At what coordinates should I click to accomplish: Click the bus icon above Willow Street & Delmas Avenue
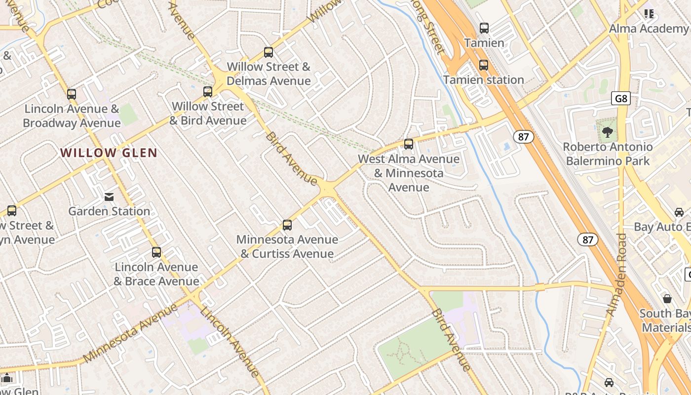269,52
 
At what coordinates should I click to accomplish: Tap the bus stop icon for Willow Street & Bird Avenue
208,91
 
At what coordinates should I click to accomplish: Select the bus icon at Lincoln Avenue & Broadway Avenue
72,94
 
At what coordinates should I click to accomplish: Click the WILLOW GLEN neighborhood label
109,153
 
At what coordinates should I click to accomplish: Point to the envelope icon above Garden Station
109,197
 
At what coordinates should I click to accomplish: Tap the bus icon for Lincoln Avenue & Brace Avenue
156,252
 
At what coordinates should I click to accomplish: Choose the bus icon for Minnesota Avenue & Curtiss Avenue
287,225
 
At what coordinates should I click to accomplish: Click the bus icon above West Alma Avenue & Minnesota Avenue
409,144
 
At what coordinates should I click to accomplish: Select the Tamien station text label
483,79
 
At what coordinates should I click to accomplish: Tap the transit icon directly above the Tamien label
484,28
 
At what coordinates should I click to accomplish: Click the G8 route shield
621,98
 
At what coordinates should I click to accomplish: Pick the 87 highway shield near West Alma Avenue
523,137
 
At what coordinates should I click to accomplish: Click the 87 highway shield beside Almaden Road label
587,240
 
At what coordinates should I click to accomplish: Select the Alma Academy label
648,29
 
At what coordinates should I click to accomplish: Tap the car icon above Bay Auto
679,212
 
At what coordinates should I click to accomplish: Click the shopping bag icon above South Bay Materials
667,299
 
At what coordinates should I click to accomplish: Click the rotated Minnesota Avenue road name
130,333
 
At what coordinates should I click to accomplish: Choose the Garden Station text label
109,211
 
